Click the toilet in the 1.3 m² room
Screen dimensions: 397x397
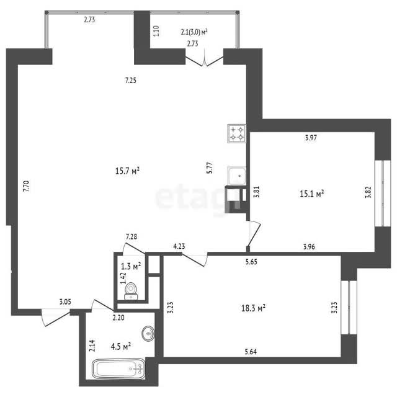point(131,291)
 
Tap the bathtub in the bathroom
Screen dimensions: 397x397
point(118,368)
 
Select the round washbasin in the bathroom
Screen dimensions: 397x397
point(148,333)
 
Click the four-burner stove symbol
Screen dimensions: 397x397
point(237,133)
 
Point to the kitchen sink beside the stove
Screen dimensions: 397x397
point(237,176)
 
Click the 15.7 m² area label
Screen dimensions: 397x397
point(127,171)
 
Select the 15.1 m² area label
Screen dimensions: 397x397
point(312,194)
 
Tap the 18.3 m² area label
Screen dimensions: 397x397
point(253,308)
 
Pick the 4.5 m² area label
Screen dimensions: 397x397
point(121,346)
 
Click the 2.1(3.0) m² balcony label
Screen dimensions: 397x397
point(194,32)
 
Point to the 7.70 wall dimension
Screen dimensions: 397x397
point(26,186)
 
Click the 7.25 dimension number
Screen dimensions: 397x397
point(131,81)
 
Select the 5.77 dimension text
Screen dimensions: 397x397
point(210,167)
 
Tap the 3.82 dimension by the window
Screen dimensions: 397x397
point(368,192)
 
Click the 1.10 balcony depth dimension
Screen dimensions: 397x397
point(156,31)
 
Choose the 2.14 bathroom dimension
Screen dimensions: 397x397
point(92,346)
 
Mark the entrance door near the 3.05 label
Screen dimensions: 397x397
point(55,317)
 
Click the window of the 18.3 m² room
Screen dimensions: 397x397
point(349,307)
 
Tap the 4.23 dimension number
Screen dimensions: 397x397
point(179,246)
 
